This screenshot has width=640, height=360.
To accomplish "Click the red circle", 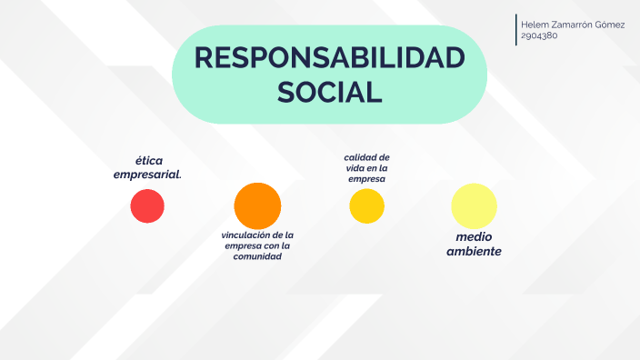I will click(147, 205).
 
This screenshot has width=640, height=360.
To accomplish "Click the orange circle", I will click(257, 205).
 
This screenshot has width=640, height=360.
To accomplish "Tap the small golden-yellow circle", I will click(367, 206).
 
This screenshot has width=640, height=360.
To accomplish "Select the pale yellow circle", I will click(474, 205).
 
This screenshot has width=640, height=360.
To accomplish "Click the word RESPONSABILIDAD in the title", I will click(329, 59).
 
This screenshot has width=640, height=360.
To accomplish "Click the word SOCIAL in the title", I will click(329, 92).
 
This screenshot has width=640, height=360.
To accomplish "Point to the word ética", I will click(149, 161).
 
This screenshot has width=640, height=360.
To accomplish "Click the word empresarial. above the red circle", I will click(147, 175).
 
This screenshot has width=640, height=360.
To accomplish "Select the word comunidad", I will click(257, 256).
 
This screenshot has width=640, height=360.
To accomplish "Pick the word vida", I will click(355, 168).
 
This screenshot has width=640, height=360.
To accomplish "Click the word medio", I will click(474, 237).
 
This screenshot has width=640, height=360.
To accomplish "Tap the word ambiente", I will click(474, 251).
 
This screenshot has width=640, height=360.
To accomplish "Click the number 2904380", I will click(539, 36).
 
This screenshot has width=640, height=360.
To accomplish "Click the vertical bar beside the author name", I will click(516, 30).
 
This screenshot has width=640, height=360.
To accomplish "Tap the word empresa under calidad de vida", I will click(367, 179).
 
